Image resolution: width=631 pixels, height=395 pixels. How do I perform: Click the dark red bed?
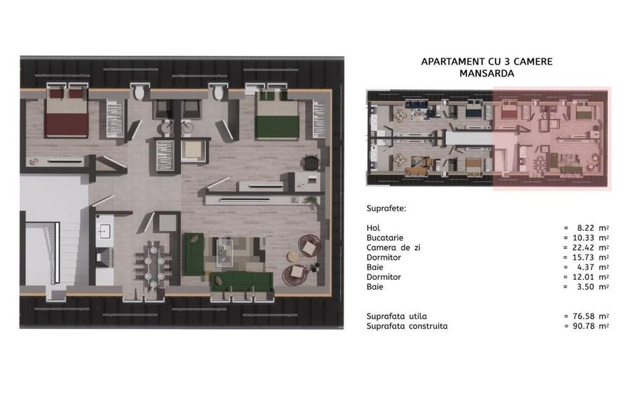67,112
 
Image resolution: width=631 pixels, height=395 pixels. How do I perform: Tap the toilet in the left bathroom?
140,92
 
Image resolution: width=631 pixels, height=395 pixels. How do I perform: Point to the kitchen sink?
104,231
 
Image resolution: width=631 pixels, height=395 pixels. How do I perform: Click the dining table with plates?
154,265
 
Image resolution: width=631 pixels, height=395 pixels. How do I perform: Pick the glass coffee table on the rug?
224,253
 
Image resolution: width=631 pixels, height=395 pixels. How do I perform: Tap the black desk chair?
311,163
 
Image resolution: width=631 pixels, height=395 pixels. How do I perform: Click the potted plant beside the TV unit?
311,202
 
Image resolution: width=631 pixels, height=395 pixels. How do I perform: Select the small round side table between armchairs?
293,256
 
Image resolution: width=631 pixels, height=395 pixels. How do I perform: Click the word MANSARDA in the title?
487,73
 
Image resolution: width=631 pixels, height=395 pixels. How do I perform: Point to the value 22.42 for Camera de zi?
583,248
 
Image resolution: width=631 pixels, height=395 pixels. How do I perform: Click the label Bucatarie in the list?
385,238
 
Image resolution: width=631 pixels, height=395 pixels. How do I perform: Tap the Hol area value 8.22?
585,228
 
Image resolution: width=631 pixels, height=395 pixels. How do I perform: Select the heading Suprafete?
386,208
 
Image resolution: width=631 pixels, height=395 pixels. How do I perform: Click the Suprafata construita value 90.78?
583,326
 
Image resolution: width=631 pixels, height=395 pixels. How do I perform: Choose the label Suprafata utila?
396,316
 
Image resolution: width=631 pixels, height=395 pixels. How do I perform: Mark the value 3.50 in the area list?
585,287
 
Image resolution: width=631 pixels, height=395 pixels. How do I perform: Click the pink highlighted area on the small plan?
552,138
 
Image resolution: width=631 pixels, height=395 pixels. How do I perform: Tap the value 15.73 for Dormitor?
583,257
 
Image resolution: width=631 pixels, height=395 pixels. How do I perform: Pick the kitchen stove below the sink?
104,257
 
